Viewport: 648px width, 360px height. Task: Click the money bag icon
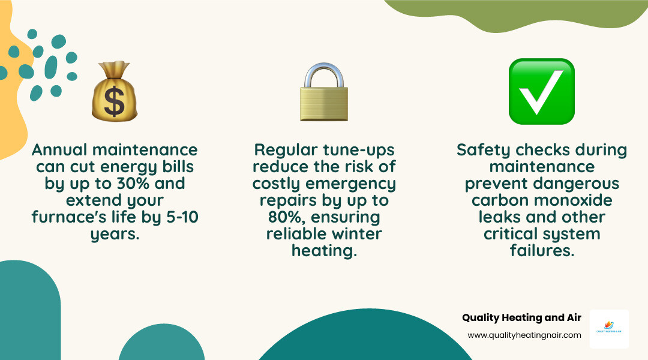point(114,92)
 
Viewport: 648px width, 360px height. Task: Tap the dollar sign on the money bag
point(114,101)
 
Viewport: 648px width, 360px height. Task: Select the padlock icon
point(324,93)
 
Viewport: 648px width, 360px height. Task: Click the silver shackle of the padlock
point(324,74)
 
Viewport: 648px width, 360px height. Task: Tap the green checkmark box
point(541,92)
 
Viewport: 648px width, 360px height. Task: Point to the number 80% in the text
point(290,216)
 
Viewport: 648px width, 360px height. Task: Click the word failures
point(541,250)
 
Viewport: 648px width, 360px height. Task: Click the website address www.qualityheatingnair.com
point(524,335)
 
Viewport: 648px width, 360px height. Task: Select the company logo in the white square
point(609,329)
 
